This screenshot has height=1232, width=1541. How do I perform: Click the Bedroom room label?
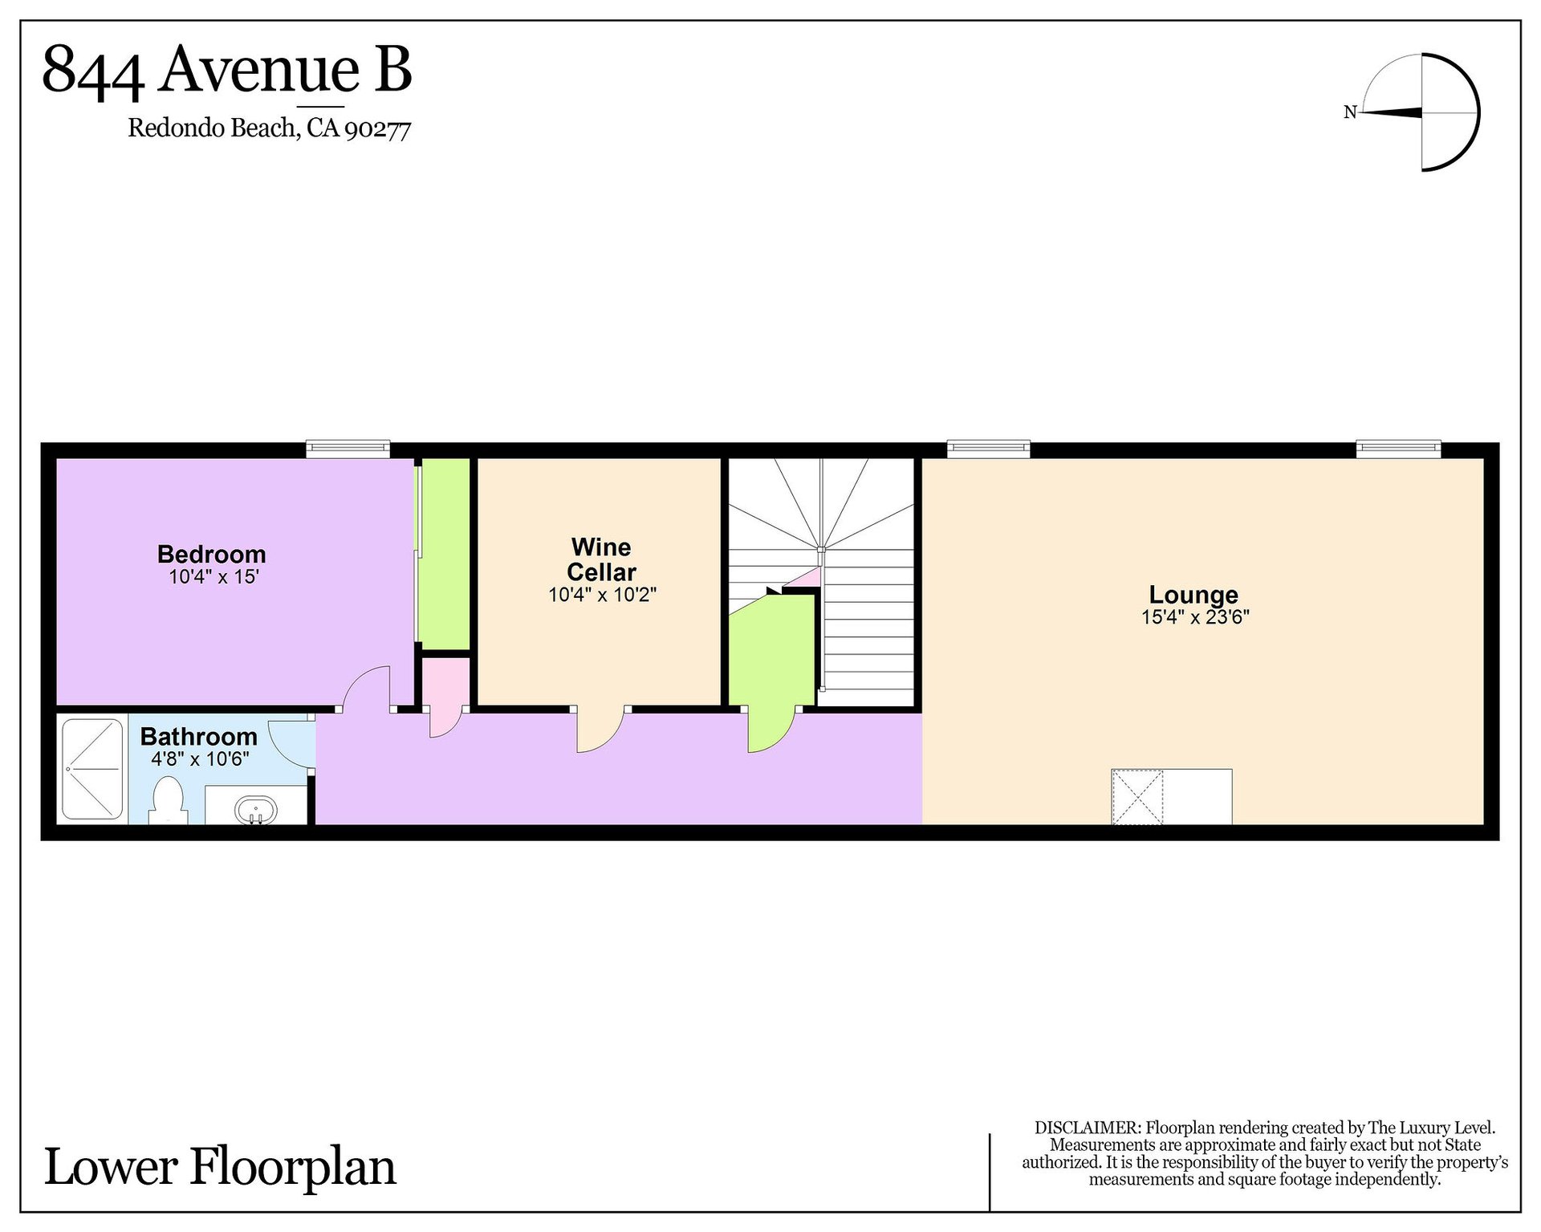(211, 554)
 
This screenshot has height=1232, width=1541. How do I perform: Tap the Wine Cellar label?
(601, 559)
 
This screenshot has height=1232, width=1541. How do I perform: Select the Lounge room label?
(1193, 595)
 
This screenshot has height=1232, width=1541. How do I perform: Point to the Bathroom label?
(199, 736)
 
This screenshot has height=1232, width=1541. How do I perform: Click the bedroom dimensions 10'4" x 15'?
(213, 576)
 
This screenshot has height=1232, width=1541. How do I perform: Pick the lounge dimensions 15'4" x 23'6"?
(1195, 616)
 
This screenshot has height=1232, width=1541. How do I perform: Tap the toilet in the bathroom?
(168, 799)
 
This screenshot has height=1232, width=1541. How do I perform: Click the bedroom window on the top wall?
(348, 449)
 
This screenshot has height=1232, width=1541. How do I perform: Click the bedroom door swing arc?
(368, 688)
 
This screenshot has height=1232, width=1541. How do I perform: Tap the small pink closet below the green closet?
(446, 682)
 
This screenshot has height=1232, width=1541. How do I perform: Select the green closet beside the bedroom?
(445, 554)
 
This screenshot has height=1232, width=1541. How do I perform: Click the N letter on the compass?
(1350, 112)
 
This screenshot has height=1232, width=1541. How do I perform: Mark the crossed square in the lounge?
(1136, 796)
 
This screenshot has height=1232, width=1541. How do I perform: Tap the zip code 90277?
(377, 129)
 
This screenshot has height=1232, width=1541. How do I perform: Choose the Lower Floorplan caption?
(220, 1167)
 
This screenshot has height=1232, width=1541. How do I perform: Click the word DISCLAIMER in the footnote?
(1088, 1128)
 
